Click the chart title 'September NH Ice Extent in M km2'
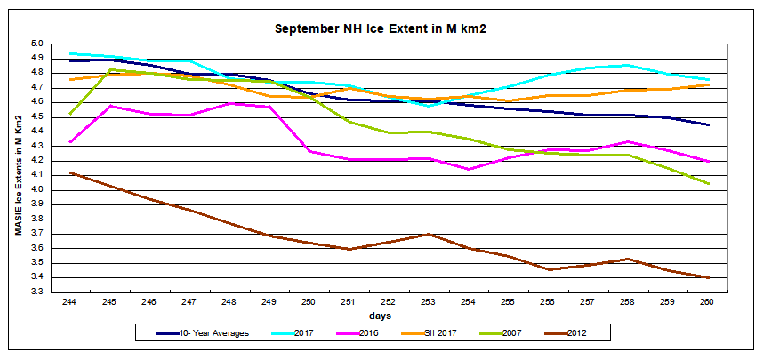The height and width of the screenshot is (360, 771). click(385, 29)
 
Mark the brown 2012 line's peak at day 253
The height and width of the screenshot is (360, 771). click(428, 234)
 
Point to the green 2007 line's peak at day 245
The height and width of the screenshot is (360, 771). click(109, 69)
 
